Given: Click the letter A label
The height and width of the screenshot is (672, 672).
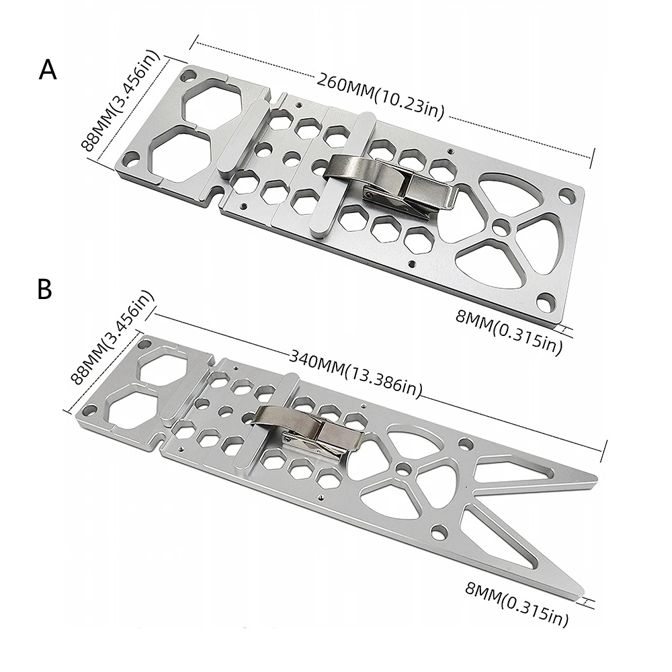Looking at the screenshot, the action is point(48,70).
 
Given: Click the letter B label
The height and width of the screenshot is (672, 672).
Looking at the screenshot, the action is point(45,289).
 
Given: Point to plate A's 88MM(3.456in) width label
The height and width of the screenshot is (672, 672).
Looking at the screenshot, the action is point(120,101).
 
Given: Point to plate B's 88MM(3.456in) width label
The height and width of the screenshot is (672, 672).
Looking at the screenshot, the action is point(112,338).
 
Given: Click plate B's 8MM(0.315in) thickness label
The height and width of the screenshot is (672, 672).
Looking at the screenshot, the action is point(517,604).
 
